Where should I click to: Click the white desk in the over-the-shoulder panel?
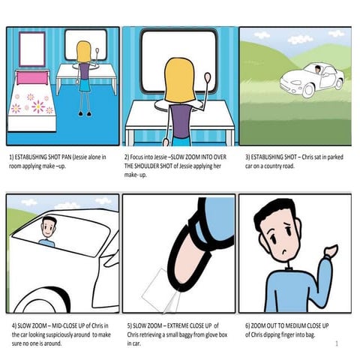point(180,116)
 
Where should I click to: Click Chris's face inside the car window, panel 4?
point(49,229)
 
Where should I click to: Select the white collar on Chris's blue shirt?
point(283,264)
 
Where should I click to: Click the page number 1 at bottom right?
point(337,343)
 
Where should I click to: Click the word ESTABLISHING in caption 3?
point(272,157)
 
